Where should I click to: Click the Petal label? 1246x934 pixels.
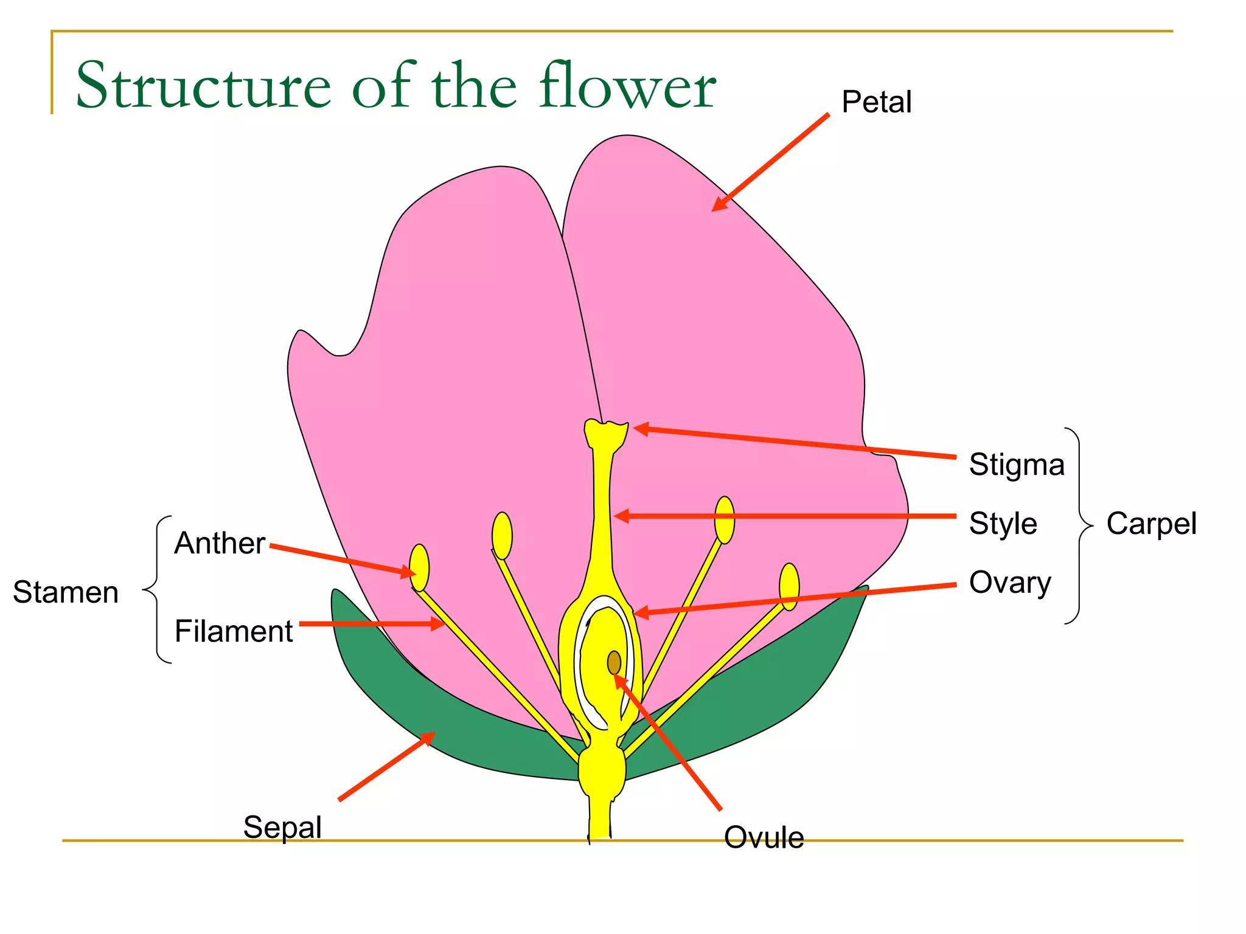[876, 102]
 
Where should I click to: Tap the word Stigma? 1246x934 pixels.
[1017, 465]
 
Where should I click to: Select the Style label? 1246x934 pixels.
[1003, 524]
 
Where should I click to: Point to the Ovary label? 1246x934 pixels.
[1010, 583]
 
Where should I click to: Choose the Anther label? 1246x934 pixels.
[220, 543]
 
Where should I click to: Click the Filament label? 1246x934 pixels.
[234, 631]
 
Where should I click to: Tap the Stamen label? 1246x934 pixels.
[66, 592]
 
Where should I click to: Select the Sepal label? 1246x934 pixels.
[282, 827]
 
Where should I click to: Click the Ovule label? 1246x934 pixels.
[764, 837]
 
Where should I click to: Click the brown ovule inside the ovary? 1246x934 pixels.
[614, 663]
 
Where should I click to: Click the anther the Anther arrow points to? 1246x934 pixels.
[419, 567]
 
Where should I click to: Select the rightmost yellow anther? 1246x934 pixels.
[789, 586]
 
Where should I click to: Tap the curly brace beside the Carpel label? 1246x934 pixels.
[1081, 525]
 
